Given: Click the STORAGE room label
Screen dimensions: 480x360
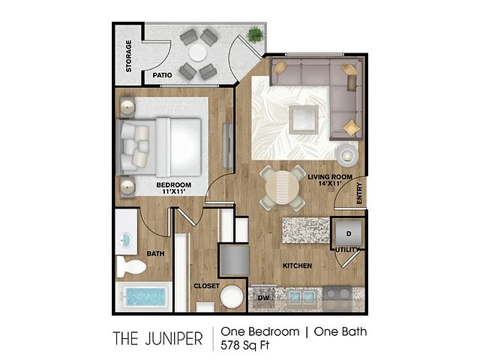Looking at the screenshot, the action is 129,56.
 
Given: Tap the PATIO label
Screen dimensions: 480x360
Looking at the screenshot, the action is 162,75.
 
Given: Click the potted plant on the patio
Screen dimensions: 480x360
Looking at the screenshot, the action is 255,34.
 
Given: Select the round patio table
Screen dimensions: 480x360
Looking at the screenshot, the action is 198,52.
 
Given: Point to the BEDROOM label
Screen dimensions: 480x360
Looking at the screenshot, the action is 173,185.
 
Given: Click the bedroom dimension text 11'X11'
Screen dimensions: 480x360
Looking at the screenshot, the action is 173,192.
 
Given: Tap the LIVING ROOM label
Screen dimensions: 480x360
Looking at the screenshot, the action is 330,177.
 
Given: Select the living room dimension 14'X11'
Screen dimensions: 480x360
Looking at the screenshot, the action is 330,184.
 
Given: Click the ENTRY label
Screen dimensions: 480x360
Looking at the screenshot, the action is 359,193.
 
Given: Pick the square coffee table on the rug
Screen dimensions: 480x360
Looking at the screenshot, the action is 303,120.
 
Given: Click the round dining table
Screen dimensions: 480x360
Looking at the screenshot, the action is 282,187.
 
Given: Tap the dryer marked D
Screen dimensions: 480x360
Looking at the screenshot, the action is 348,233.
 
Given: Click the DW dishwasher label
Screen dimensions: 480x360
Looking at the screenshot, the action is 263,298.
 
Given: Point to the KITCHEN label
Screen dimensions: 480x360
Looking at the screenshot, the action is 297,265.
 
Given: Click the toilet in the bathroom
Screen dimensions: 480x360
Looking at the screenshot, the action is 131,266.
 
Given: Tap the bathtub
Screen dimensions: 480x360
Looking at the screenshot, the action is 144,297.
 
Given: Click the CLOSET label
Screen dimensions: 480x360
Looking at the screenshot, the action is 207,286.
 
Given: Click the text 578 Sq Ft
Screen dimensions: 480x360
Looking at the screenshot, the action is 245,345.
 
